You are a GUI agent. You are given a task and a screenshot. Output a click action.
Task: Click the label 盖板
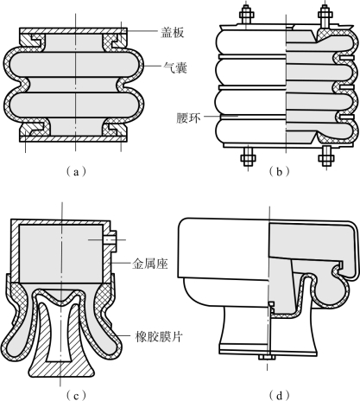pyautogui.click(x=172, y=33)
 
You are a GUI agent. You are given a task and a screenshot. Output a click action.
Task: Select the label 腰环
pyautogui.click(x=188, y=118)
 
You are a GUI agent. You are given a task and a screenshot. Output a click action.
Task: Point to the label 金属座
pyautogui.click(x=150, y=264)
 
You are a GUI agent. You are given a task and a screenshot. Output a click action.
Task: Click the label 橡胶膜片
pyautogui.click(x=159, y=336)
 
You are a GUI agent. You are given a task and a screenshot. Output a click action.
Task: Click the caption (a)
pyautogui.click(x=76, y=172)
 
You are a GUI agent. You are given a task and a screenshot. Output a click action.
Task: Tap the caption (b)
pyautogui.click(x=279, y=172)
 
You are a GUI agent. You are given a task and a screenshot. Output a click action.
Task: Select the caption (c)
pyautogui.click(x=76, y=395)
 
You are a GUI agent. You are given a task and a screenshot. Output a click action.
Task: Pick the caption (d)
pyautogui.click(x=279, y=395)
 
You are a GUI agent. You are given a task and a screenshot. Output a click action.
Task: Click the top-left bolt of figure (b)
pyautogui.click(x=246, y=16)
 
